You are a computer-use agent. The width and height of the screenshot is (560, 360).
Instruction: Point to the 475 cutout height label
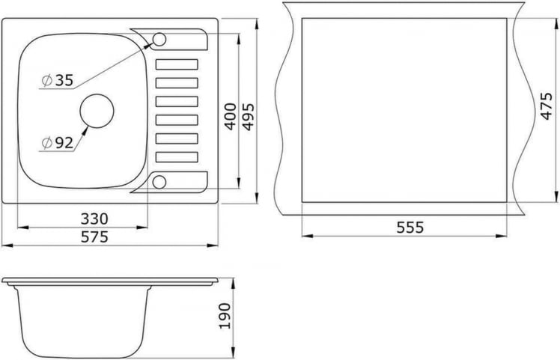[547, 110]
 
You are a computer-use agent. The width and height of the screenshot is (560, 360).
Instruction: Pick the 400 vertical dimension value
[231, 117]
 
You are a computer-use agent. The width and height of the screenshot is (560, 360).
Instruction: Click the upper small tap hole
[159, 39]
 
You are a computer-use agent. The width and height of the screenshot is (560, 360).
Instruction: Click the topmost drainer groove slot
[177, 64]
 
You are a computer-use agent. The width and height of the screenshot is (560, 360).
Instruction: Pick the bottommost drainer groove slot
[177, 157]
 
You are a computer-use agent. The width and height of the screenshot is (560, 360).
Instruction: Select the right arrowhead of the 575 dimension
[216, 245]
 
